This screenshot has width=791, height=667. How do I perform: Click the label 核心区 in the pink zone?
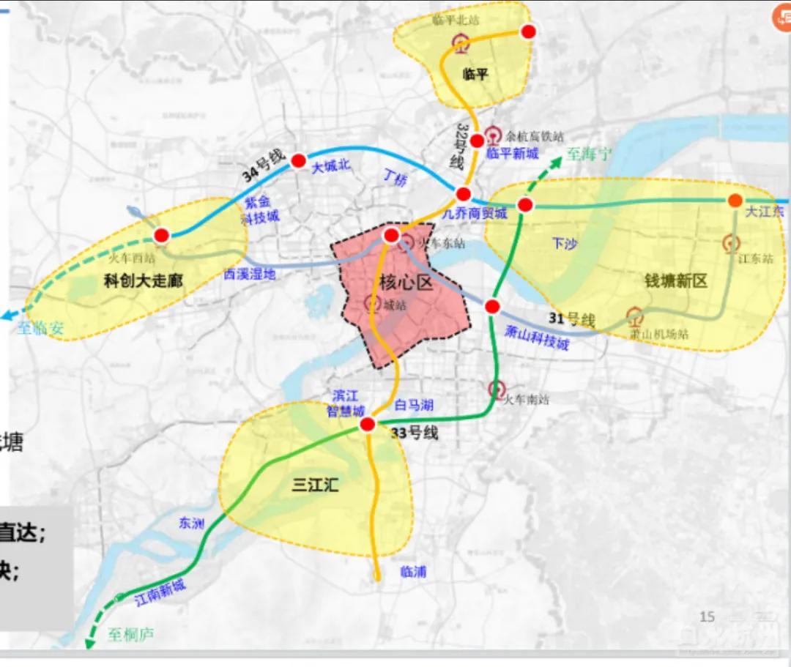(406, 281)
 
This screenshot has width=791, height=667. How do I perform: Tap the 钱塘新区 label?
(675, 280)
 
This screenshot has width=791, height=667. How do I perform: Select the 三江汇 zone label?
(315, 484)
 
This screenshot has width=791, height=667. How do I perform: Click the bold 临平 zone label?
(475, 73)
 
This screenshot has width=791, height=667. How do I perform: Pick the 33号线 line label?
(414, 433)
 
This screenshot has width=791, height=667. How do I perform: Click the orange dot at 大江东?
(735, 201)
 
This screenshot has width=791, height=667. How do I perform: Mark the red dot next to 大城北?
(298, 161)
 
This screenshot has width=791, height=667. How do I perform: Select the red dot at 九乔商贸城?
(463, 195)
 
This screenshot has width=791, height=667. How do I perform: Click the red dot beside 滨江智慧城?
(368, 425)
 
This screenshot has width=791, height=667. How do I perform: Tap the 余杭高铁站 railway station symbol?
(492, 134)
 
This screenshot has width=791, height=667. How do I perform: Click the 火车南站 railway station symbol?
(497, 389)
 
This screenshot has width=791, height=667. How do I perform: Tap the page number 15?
(707, 616)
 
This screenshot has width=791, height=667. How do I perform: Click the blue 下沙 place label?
(564, 243)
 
